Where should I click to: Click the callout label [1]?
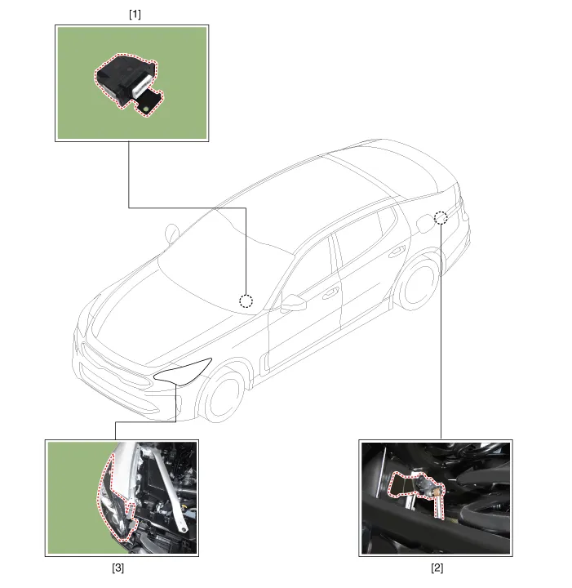135,14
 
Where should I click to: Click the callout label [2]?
437,568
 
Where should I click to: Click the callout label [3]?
118,568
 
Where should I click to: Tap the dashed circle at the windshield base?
246,301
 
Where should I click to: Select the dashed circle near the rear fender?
441,217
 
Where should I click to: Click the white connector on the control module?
141,85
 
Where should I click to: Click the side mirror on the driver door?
294,303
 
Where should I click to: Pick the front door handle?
330,293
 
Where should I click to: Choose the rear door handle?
397,252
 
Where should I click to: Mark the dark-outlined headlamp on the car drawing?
183,372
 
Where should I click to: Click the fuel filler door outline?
425,223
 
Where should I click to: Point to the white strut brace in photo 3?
169,487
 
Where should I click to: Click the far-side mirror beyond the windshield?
172,233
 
